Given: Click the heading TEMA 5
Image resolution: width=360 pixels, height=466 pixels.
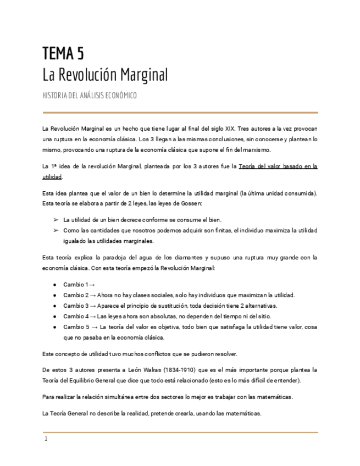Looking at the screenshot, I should tap(63, 53).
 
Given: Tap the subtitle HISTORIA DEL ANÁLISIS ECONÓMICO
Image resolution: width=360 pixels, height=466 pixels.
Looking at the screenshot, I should tap(90, 96).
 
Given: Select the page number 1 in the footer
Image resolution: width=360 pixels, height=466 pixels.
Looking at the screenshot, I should tap(46, 439).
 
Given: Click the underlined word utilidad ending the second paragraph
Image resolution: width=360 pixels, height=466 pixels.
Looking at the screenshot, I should tap(52, 177).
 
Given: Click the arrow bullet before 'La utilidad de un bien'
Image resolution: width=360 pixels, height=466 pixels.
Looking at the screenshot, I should tap(56, 219).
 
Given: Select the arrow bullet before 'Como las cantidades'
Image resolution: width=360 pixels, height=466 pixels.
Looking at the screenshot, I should tap(56, 230).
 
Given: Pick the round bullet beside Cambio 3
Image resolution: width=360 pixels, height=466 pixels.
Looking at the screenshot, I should tap(56, 305).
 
